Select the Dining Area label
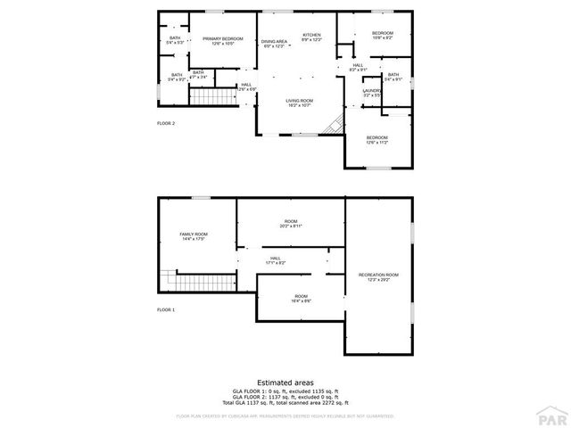pos(274,43)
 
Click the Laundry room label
pos(372,92)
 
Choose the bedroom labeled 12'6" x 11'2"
pos(377,139)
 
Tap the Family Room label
pos(194,236)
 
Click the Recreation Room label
pos(378,276)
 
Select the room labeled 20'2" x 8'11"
pos(291,223)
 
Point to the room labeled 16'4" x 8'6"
pos(300,298)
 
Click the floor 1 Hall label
pos(275,260)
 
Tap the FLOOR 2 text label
pos(166,123)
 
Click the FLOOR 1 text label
pos(166,309)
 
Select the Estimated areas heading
pos(285,382)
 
